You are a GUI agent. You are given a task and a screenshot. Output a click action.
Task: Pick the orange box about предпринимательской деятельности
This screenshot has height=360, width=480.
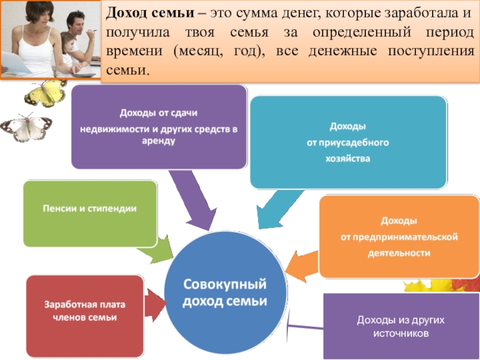point(399,236)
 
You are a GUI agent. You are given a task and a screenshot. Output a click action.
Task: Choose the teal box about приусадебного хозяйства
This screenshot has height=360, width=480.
point(348,143)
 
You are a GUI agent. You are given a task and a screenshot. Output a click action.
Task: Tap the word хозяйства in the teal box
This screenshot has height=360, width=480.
point(348,159)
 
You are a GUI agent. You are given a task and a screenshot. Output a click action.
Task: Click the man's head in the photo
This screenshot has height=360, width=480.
point(77,24)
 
